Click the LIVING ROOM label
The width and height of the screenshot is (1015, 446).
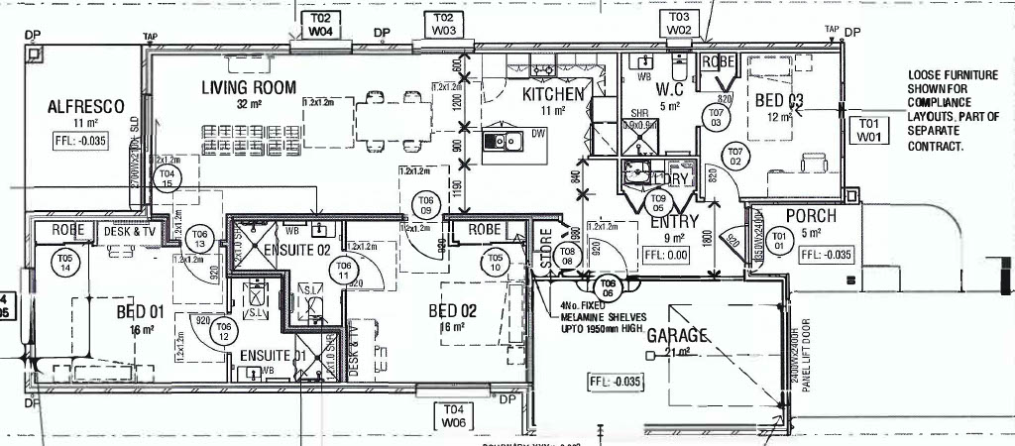(249, 87)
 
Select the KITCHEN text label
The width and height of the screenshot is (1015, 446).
(553, 94)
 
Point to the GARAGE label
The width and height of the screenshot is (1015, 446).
(678, 335)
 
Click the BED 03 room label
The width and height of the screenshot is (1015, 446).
(779, 100)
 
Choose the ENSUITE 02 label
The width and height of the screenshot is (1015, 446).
(293, 251)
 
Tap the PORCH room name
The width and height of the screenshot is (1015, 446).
(811, 216)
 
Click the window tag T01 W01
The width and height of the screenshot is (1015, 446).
(868, 129)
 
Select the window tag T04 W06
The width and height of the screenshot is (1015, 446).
(453, 415)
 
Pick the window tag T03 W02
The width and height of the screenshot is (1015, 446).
(679, 24)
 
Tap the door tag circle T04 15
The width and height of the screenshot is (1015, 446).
(168, 178)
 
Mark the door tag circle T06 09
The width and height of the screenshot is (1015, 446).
(426, 204)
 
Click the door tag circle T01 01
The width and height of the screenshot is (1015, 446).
(779, 239)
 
